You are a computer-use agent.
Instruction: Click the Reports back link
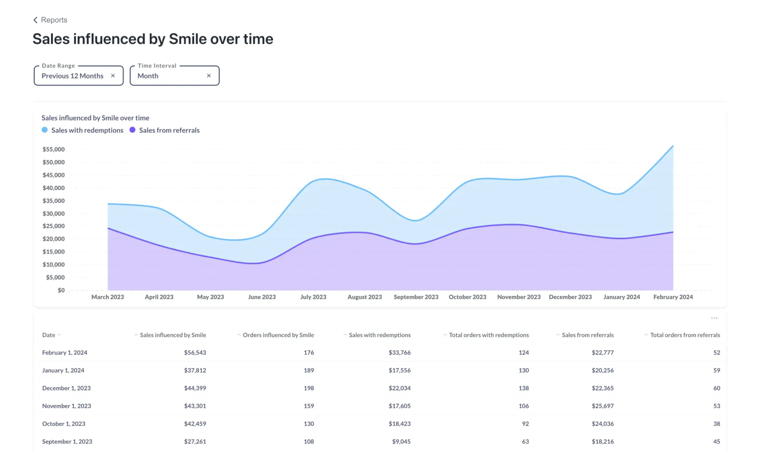(50, 20)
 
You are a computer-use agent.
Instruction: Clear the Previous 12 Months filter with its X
(113, 76)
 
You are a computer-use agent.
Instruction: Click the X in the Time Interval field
(209, 76)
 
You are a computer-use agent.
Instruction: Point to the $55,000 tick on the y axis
(54, 149)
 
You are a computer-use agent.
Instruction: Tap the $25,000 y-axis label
(54, 226)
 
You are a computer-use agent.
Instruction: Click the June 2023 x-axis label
(262, 297)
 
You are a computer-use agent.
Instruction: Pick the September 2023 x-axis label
(416, 297)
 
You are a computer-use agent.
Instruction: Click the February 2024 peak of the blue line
(673, 146)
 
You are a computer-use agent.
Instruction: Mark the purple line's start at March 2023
(108, 228)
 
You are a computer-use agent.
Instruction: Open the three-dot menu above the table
(714, 318)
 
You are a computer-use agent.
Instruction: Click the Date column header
(49, 335)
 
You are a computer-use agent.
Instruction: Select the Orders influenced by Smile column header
(278, 335)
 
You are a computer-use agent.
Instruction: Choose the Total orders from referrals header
(685, 335)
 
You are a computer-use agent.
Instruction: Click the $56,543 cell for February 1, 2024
(195, 353)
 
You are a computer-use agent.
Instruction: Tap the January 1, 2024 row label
(63, 370)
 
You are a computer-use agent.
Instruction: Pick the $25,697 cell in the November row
(602, 406)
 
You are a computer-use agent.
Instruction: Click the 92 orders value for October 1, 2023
(525, 424)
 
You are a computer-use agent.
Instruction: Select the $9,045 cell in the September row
(401, 441)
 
